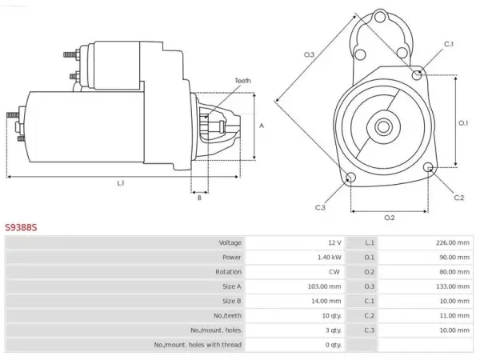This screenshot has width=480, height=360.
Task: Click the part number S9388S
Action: click(x=21, y=227)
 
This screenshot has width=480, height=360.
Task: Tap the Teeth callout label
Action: click(x=242, y=81)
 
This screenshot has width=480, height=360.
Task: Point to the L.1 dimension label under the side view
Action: click(x=121, y=183)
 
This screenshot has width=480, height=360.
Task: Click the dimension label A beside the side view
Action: click(x=262, y=126)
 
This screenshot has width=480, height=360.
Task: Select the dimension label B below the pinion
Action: click(x=199, y=198)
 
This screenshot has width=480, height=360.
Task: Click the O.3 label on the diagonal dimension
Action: click(x=309, y=54)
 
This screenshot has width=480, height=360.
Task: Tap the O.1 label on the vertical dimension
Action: click(x=463, y=123)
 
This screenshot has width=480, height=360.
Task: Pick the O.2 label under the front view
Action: click(x=390, y=218)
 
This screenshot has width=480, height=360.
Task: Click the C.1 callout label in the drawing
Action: click(x=449, y=44)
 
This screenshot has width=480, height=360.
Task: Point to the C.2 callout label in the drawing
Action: click(x=459, y=198)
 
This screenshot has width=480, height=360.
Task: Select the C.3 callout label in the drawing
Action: click(x=320, y=207)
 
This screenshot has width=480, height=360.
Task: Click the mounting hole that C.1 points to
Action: click(x=417, y=74)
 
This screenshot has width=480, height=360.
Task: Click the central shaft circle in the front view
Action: click(x=383, y=126)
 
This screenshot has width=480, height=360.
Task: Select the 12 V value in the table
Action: click(x=334, y=242)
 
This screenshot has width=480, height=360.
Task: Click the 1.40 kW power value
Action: click(x=329, y=258)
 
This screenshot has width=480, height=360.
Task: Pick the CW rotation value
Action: click(x=334, y=272)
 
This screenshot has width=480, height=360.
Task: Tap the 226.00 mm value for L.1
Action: click(x=453, y=242)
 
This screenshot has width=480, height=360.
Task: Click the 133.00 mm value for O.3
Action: click(x=453, y=286)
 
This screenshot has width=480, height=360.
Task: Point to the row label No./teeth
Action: click(x=227, y=316)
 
